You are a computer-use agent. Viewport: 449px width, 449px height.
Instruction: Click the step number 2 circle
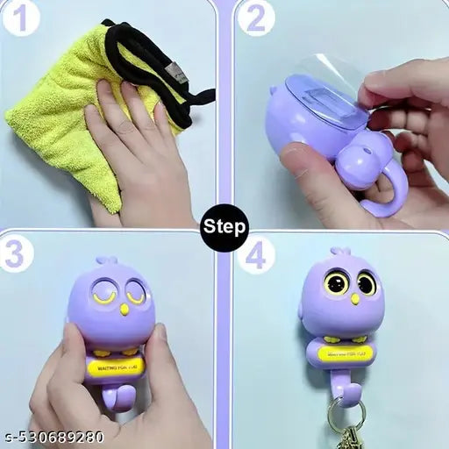[255, 18]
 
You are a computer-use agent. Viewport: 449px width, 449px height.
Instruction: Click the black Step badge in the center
[224, 225]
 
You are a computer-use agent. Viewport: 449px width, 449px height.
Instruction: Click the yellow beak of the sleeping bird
[125, 309]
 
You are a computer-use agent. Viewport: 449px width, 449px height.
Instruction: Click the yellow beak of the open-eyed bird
[354, 299]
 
